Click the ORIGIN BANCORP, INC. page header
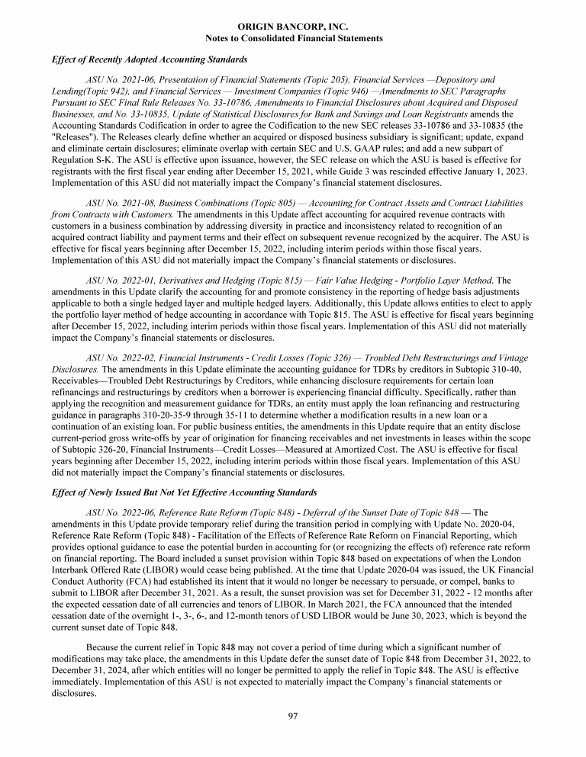(294, 27)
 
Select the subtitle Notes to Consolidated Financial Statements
(294, 38)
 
